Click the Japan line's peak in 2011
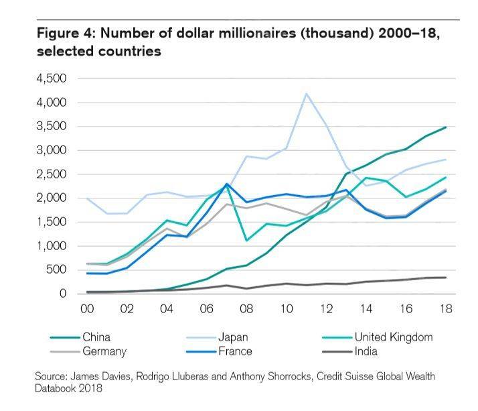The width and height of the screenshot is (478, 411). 307,94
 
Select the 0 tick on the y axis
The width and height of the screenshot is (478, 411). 64,294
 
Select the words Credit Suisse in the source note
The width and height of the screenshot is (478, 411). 329,377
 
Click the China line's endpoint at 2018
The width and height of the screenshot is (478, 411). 446,127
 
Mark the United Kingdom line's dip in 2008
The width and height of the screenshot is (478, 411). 247,240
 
